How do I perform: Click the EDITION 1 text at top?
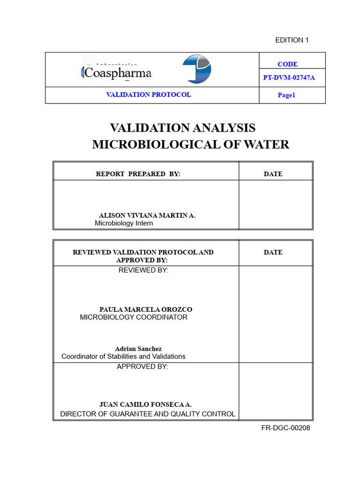pos(292,40)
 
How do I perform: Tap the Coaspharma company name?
pos(117,73)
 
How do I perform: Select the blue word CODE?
pos(287,64)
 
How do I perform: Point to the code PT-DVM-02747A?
pos(289,78)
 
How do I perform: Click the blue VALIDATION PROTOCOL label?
pos(148,95)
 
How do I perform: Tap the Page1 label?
pos(286,95)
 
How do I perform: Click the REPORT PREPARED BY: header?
pos(138,174)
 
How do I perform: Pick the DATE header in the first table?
pos(273,174)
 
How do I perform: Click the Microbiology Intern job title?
pos(124,223)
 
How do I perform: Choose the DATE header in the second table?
pos(273,252)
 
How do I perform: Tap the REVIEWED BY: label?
pos(143,270)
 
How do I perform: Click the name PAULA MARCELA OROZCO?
pos(145,309)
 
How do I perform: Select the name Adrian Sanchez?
pos(138,349)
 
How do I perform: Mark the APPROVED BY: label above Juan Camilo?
pos(142,367)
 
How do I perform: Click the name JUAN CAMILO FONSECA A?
pos(145,404)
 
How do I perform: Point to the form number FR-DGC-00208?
pos(285,427)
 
